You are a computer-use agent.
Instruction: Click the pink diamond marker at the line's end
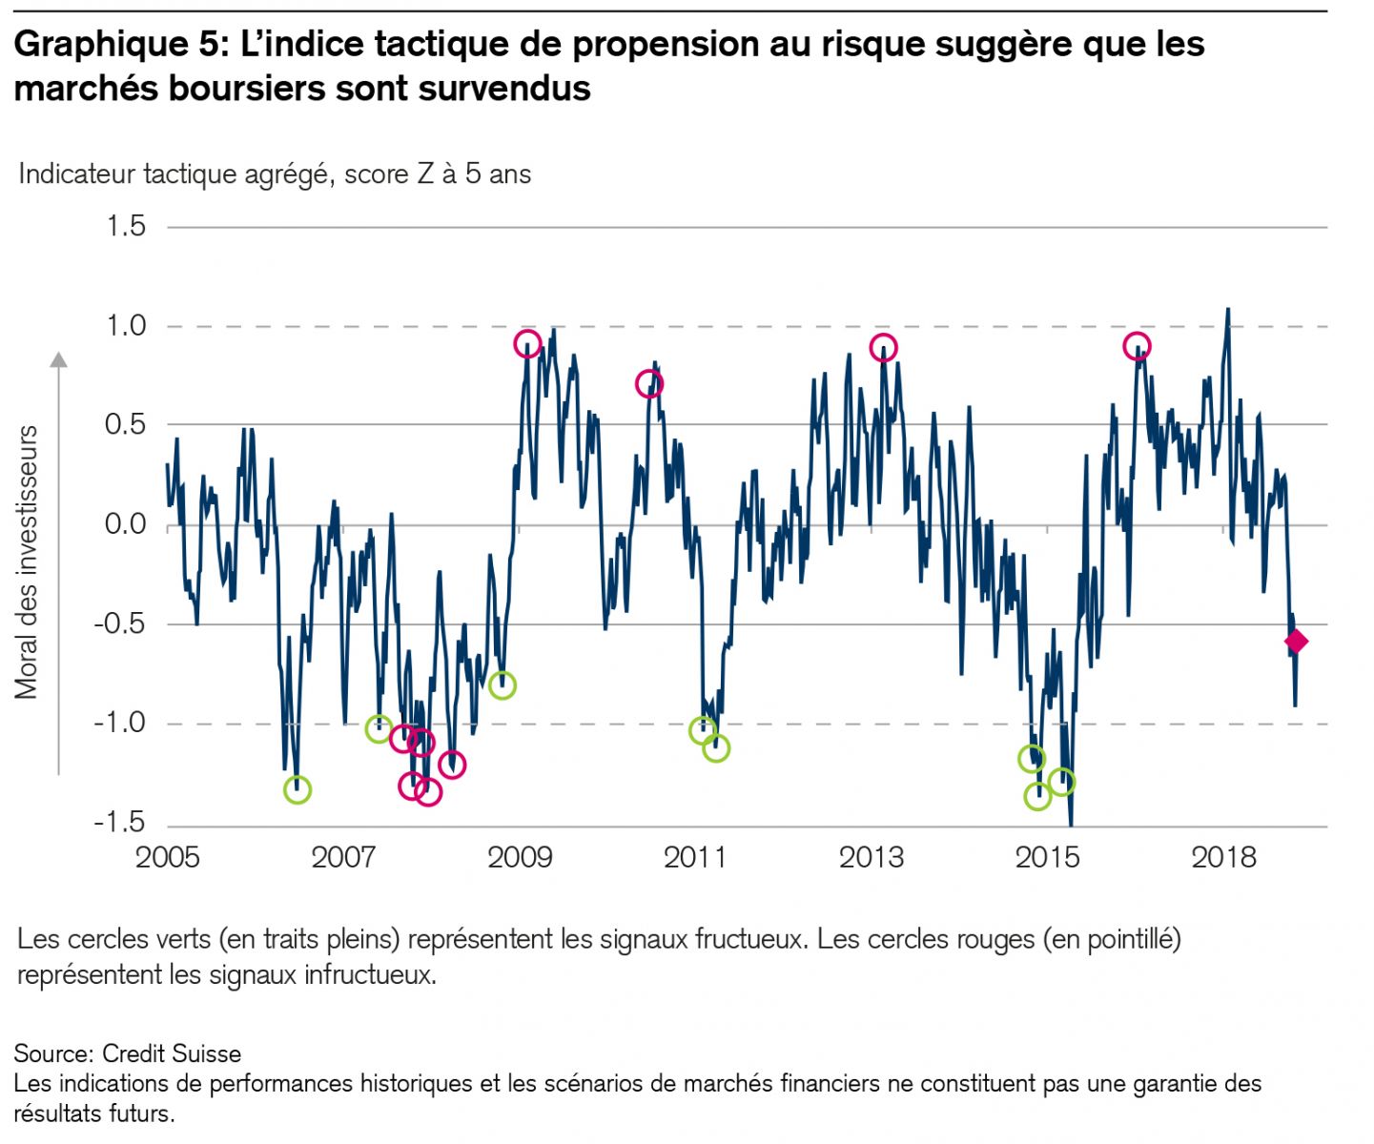coord(1295,642)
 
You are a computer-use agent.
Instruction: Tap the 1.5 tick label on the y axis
coord(126,226)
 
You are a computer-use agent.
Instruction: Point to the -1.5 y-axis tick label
coord(119,822)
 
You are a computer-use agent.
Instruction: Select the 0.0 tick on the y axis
coord(126,523)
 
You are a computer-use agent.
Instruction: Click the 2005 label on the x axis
coord(168,857)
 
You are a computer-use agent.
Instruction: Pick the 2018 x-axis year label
coord(1223,857)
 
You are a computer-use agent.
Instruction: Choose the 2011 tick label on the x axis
coord(695,857)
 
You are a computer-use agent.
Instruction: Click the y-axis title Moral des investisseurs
coord(27,562)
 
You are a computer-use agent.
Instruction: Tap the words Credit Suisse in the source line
coord(172,1053)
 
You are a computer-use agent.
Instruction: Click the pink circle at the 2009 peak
coord(527,344)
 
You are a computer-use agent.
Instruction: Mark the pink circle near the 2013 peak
coord(884,347)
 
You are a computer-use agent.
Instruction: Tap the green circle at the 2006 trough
coord(297,789)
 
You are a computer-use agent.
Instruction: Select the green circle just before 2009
coord(502,685)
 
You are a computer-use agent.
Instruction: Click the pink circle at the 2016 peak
coord(1137,346)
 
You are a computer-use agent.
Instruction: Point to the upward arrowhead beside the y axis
coord(59,359)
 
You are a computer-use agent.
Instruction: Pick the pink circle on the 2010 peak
coord(649,384)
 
